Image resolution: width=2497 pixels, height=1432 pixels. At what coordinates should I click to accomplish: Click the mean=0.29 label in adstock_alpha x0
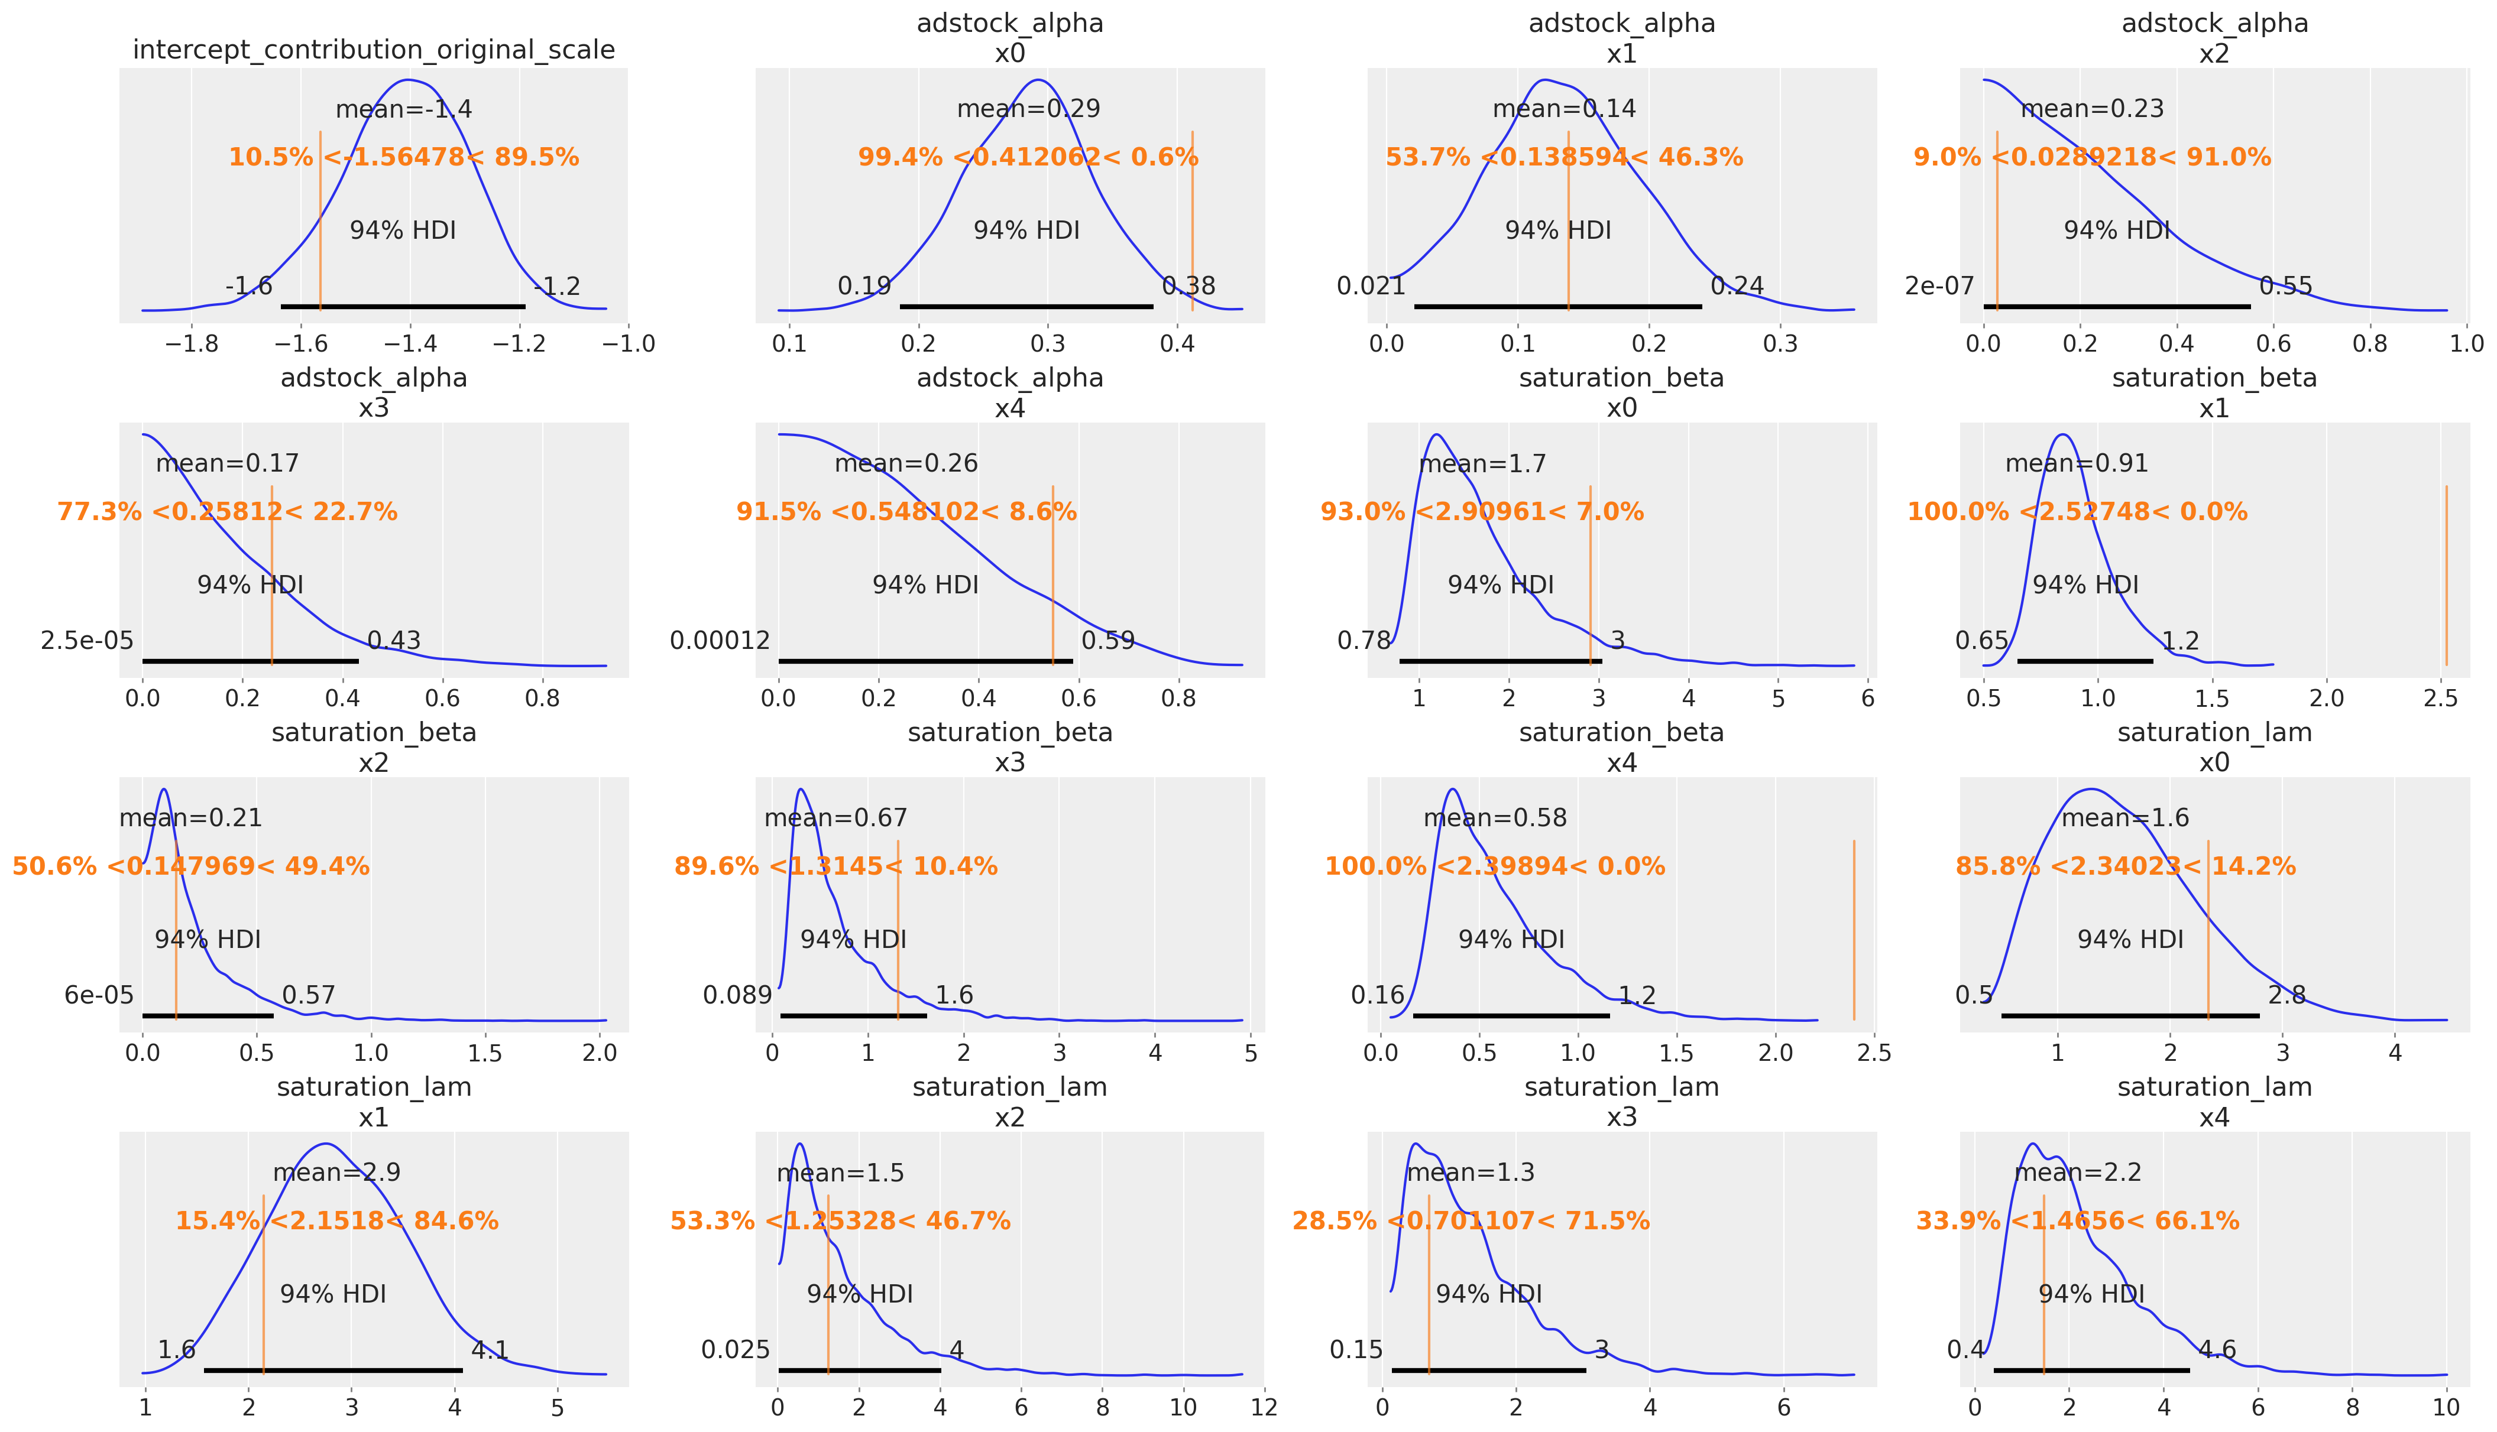tap(1028, 109)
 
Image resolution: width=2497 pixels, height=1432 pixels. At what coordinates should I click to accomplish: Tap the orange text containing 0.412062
tap(1028, 157)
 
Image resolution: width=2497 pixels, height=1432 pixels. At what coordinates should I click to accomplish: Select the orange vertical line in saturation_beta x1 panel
tap(2446, 576)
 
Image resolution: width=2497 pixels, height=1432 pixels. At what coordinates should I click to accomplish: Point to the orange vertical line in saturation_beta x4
tap(1854, 930)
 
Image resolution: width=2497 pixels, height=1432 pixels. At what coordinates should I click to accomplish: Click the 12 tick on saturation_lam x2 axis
tap(1264, 1407)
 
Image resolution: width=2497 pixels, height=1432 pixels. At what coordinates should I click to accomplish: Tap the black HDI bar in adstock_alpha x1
tap(1557, 307)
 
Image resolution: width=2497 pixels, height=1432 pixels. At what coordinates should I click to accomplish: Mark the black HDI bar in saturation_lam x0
tap(2130, 1015)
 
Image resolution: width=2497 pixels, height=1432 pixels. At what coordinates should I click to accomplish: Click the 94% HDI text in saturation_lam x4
tap(2091, 1294)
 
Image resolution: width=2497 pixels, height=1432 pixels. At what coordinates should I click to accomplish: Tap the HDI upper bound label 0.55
tap(2285, 286)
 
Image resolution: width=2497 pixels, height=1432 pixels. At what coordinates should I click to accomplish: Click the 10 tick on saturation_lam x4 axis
tap(2446, 1407)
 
